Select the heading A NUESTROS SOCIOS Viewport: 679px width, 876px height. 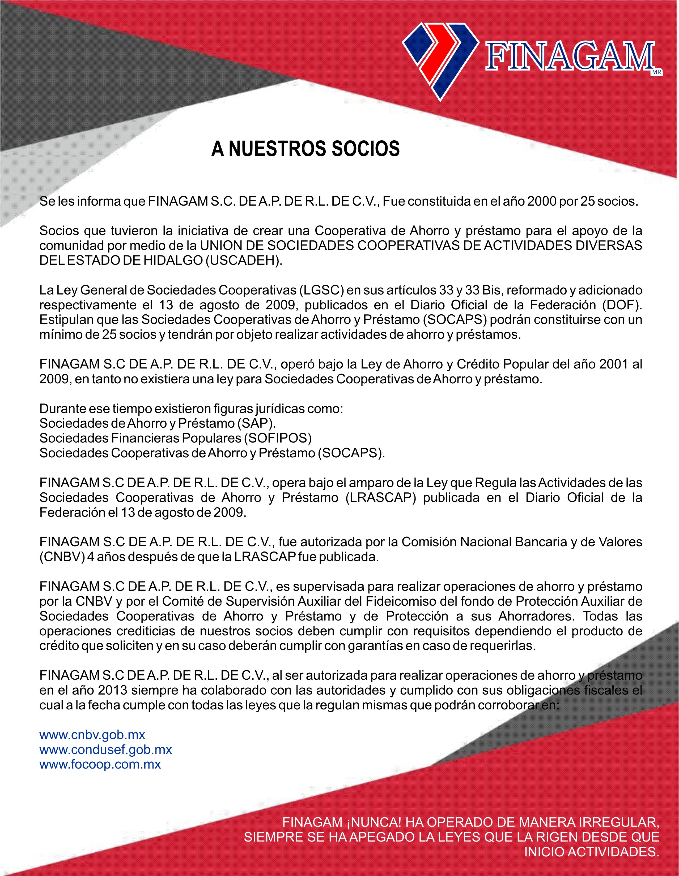(x=305, y=149)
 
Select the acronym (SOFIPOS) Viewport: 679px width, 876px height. (x=277, y=438)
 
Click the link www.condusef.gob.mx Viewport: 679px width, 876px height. (x=106, y=750)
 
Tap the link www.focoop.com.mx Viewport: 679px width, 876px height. (x=100, y=764)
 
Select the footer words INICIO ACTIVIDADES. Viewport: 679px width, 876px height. (x=591, y=852)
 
